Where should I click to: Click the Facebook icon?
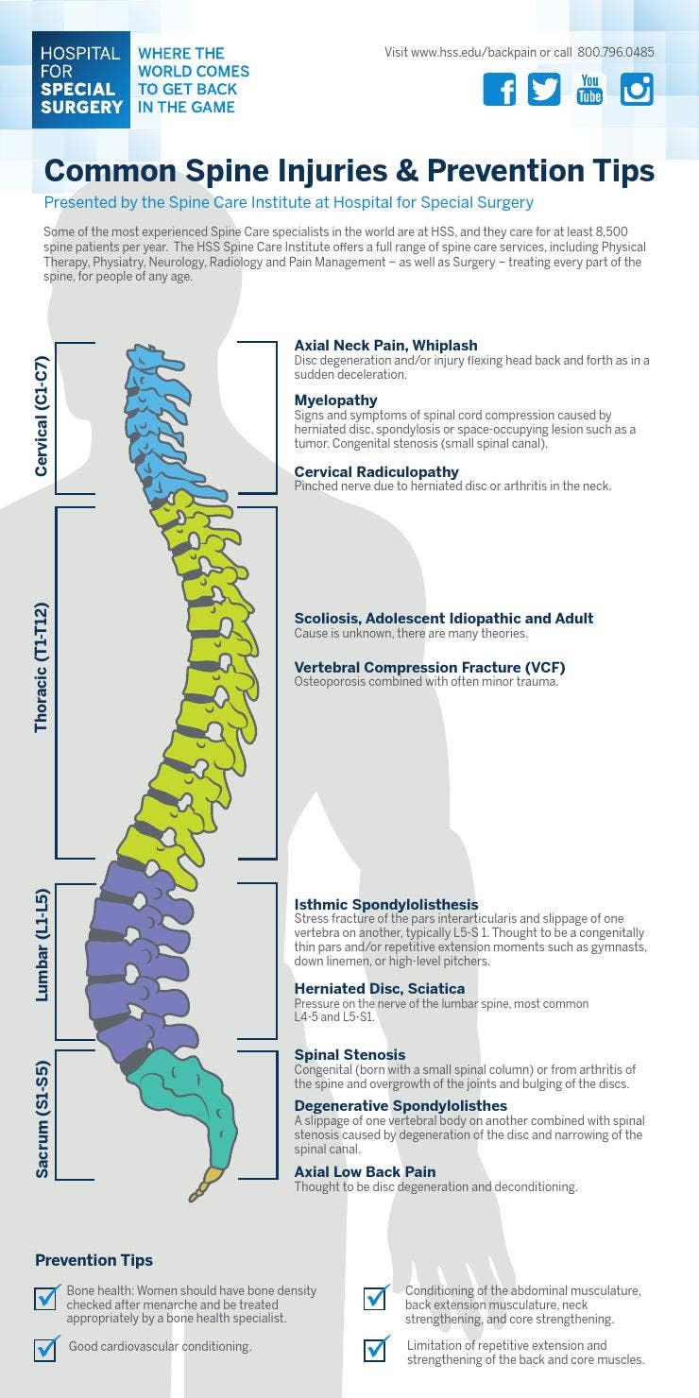(500, 89)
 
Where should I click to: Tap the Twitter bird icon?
(544, 89)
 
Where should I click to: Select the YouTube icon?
(589, 89)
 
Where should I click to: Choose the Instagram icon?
(637, 89)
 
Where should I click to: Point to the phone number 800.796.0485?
(615, 53)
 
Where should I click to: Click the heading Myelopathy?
(335, 401)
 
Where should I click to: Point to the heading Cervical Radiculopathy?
(376, 472)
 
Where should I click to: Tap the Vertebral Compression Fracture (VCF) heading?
(430, 668)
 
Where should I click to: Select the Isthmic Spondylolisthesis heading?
(386, 905)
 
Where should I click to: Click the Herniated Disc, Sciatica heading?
(379, 989)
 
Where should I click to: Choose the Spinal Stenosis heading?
(349, 1055)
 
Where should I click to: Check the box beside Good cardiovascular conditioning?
(45, 1348)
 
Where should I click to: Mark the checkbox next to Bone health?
(45, 1298)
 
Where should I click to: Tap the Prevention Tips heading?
(94, 1260)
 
